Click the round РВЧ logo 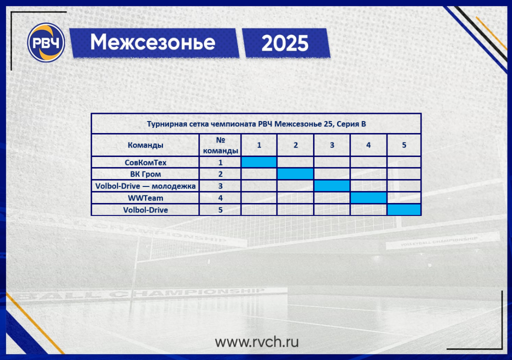pos(45,42)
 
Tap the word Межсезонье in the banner pos(153,42)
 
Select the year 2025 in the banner pos(285,43)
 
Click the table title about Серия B pos(256,124)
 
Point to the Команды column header pos(145,145)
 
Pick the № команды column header pos(220,145)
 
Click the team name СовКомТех pos(145,162)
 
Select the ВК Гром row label pos(145,174)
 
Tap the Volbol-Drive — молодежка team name pos(145,186)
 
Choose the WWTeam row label pos(145,198)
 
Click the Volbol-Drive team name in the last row pos(145,209)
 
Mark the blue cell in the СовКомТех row pos(259,162)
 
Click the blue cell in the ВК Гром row pos(295,174)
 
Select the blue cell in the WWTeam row pos(368,197)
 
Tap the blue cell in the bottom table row pos(404,209)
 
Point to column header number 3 pos(332,145)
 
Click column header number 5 pos(404,145)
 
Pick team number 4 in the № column pos(220,198)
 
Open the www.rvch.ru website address pos(256,342)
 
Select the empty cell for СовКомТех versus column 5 pos(404,162)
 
